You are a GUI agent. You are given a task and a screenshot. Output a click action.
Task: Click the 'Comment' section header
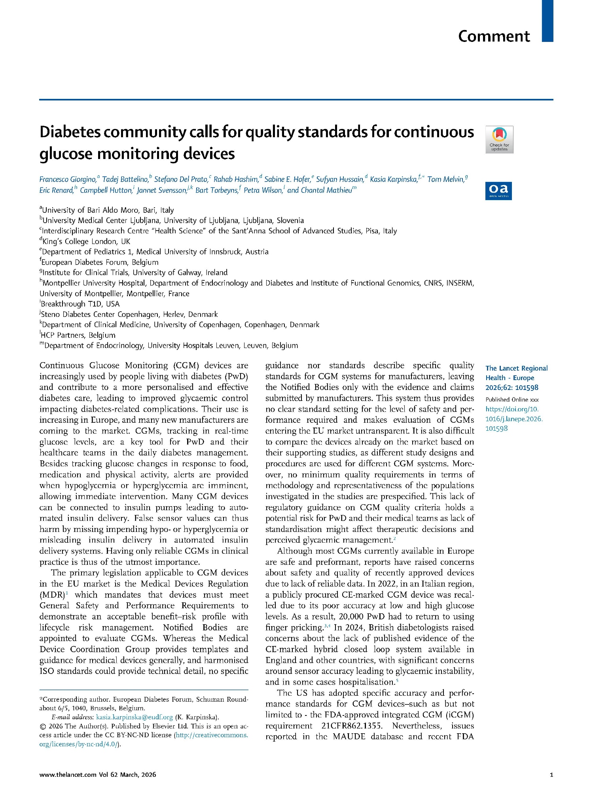(493, 36)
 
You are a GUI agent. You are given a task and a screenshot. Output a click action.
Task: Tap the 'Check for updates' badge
(499, 139)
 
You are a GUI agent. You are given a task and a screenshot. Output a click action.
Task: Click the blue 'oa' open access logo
(498, 191)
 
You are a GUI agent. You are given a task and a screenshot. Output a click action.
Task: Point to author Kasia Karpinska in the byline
(393, 180)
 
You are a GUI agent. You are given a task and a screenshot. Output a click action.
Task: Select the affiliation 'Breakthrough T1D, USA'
(80, 304)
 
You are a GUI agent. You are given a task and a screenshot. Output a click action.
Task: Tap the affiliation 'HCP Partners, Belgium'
(78, 335)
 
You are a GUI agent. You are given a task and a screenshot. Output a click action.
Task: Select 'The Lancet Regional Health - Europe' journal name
(516, 373)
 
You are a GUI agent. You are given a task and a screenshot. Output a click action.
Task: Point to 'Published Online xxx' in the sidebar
(512, 399)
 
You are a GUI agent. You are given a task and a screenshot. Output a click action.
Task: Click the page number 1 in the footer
(551, 774)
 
